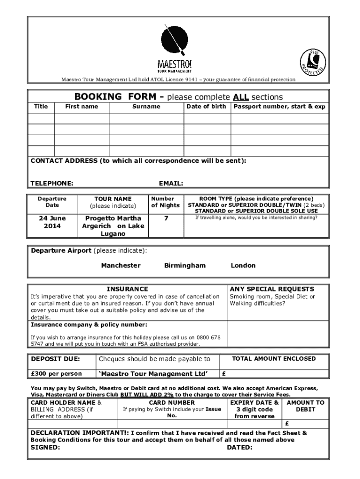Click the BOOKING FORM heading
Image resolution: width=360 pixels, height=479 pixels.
115,97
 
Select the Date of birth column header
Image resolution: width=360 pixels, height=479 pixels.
206,107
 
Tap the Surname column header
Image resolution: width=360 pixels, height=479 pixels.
146,107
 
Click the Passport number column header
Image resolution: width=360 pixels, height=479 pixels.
280,107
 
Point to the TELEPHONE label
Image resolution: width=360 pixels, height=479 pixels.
52,183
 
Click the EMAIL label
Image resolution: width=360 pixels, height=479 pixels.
171,183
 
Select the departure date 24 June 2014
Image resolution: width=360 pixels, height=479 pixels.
52,222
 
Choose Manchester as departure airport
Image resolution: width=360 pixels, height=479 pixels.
121,265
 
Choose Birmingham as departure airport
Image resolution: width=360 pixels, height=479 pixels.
185,265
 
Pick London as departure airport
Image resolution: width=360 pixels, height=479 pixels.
243,265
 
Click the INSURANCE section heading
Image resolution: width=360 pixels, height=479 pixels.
127,289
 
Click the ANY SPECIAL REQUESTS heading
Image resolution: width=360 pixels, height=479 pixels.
272,289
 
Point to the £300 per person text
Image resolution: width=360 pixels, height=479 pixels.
56,374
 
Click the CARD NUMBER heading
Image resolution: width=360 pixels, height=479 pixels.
172,402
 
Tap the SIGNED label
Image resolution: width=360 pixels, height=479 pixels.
45,447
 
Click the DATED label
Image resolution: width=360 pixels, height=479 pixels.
239,447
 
